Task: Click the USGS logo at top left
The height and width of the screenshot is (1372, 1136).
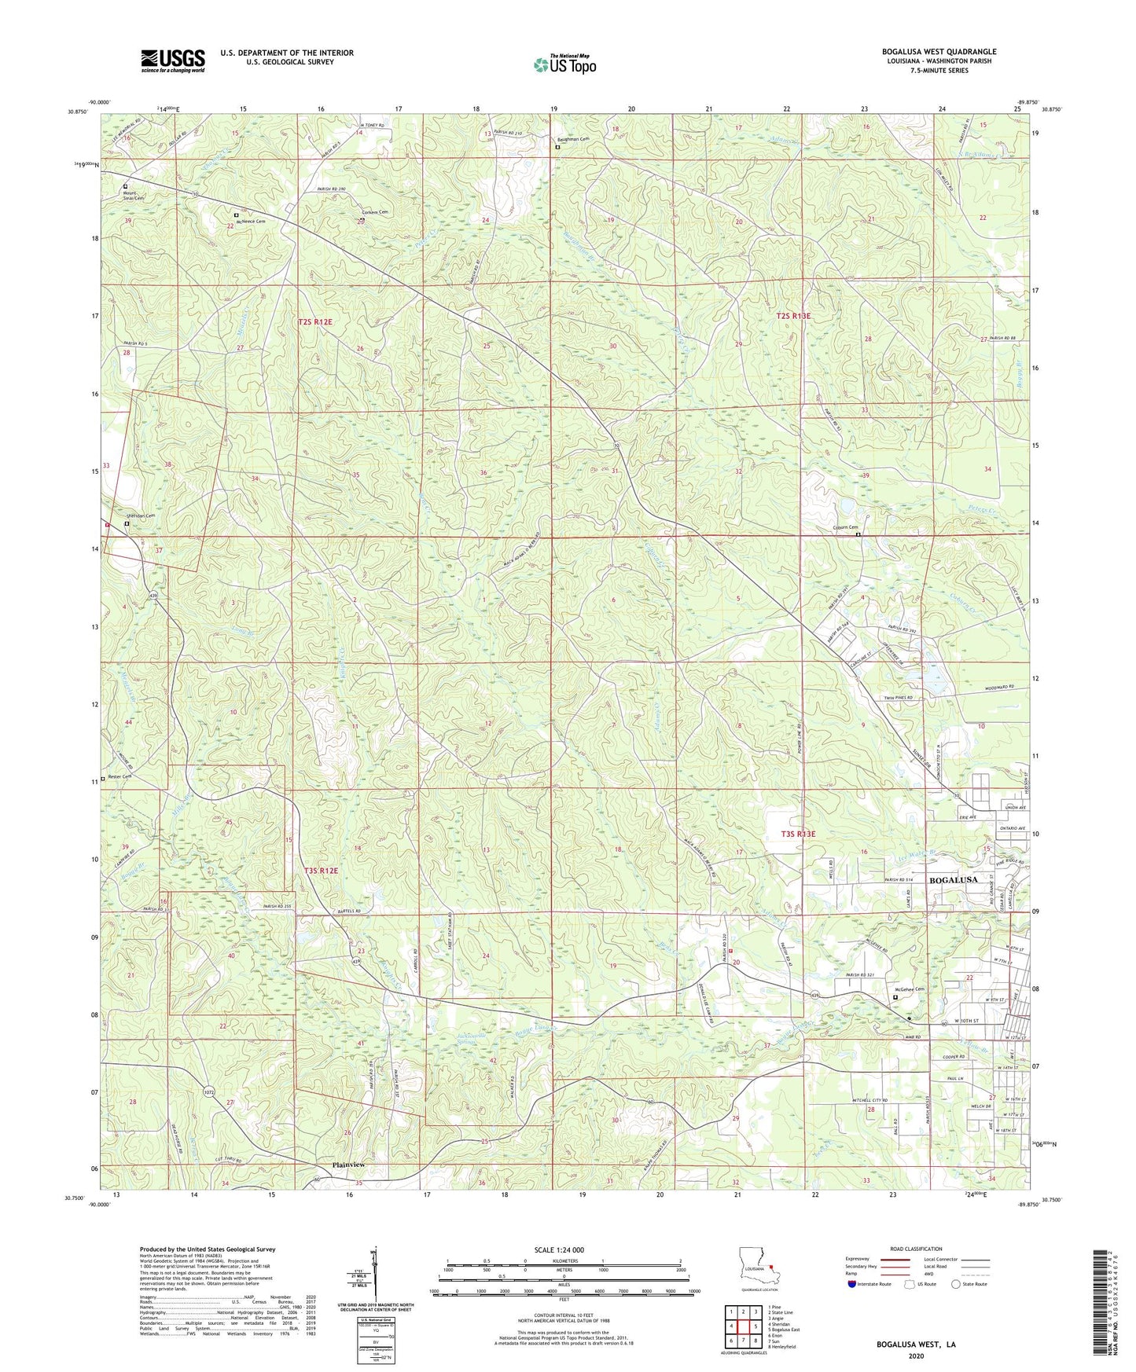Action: [x=173, y=60]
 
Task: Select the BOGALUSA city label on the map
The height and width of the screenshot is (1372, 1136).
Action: [x=953, y=879]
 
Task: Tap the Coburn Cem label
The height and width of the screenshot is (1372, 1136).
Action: [x=845, y=527]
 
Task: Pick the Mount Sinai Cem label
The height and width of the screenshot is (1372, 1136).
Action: [x=132, y=196]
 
